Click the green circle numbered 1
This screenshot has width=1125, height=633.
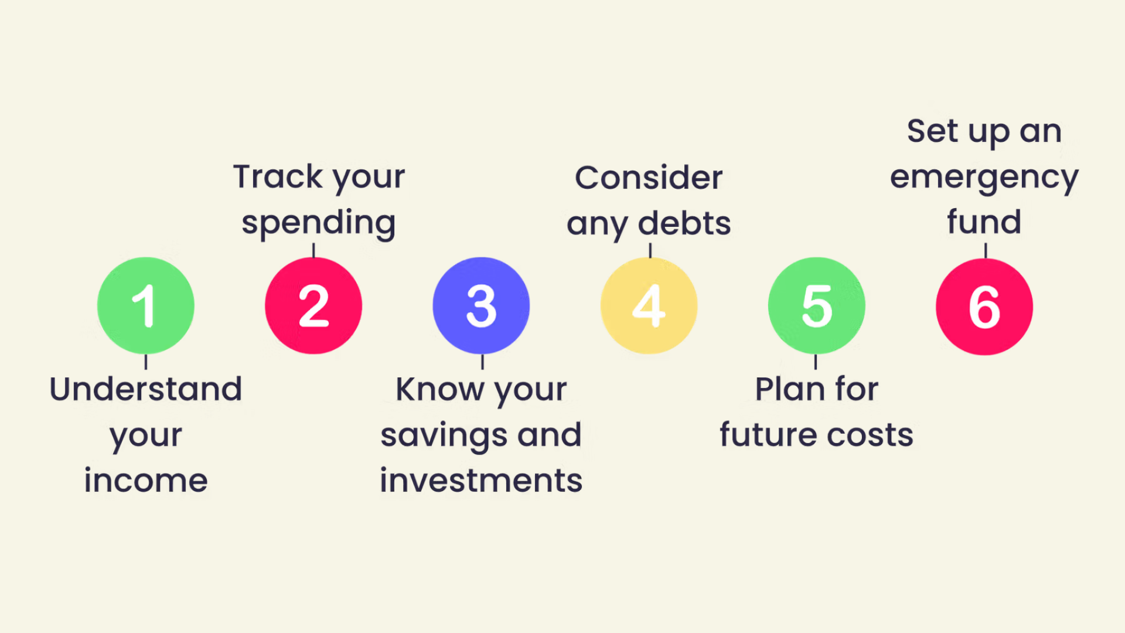(x=145, y=305)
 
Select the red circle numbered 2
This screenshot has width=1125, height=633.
(x=313, y=305)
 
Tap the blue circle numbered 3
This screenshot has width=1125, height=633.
(x=481, y=305)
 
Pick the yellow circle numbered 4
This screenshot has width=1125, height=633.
(x=649, y=305)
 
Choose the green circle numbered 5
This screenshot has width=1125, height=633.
(x=816, y=305)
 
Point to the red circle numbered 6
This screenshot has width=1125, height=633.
(x=984, y=307)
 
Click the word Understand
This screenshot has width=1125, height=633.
(x=146, y=389)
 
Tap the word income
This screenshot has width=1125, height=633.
(x=146, y=481)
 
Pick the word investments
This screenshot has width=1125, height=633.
(x=481, y=481)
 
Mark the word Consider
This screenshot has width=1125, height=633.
(x=649, y=178)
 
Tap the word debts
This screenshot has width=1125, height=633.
(x=684, y=224)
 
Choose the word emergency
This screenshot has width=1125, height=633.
(x=984, y=178)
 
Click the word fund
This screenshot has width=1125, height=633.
(x=984, y=222)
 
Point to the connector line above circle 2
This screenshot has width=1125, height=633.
(x=313, y=250)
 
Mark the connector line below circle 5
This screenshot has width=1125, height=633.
(x=816, y=362)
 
